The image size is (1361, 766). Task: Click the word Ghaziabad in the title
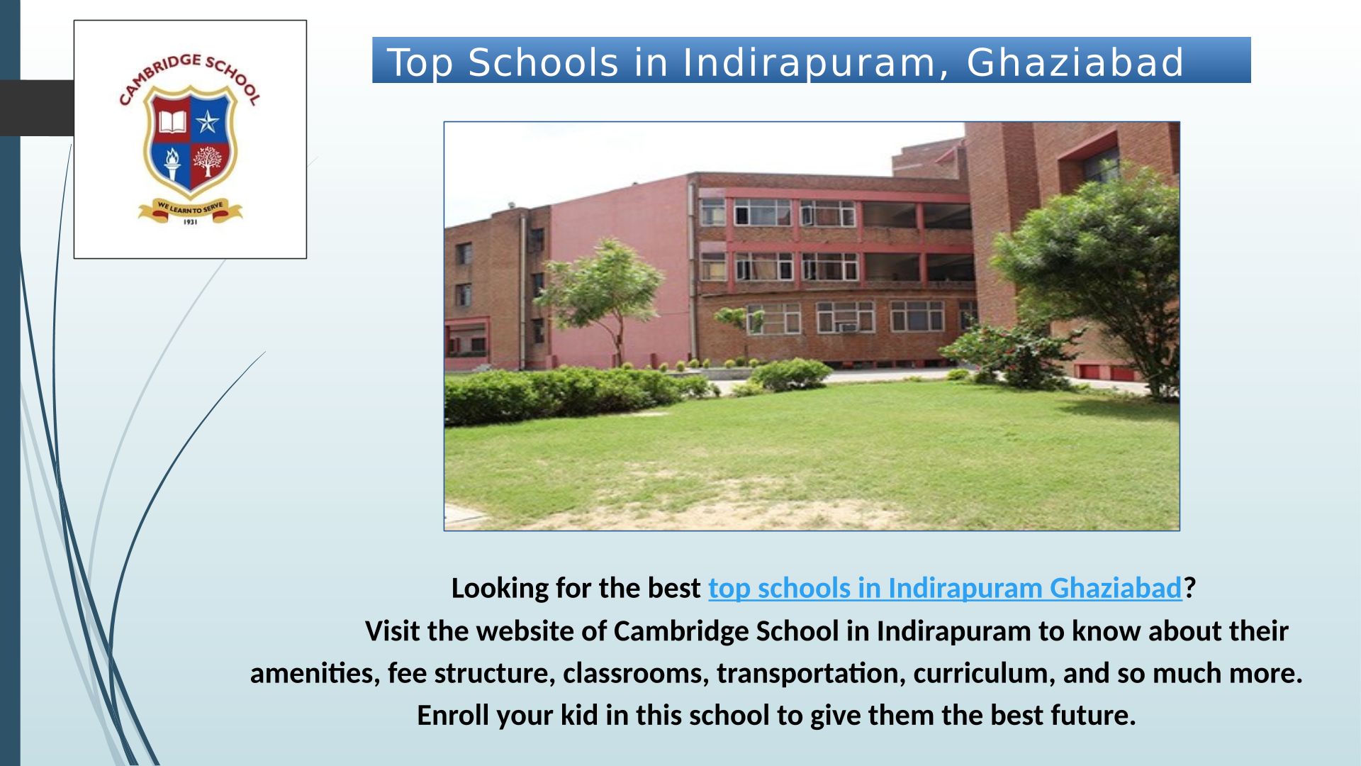(x=1075, y=62)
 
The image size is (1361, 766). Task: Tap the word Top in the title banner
(x=420, y=62)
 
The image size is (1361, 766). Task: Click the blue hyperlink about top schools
(x=945, y=588)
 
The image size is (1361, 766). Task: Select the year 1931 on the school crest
(x=190, y=222)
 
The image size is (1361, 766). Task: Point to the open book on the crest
(x=172, y=122)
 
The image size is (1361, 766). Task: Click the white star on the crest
(x=208, y=122)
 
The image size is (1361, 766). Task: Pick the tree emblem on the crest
(x=207, y=162)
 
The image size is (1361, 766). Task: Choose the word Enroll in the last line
(x=449, y=715)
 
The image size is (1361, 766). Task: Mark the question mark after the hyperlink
(x=1189, y=588)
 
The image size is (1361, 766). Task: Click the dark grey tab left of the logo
(x=37, y=108)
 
